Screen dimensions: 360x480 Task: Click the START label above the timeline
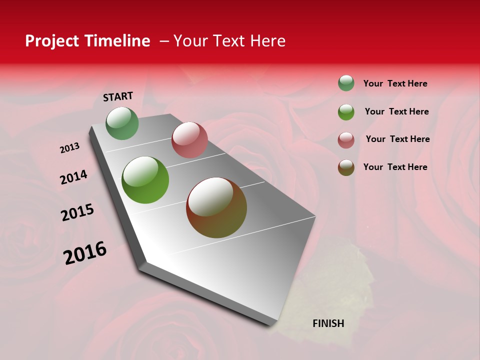(118, 96)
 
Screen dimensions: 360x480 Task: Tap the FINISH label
(328, 323)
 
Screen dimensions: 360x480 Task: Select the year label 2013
(69, 147)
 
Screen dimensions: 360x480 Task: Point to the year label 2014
(73, 177)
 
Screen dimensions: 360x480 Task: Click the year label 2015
(77, 212)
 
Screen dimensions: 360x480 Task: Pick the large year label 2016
(85, 253)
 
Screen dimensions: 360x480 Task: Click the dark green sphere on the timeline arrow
(122, 123)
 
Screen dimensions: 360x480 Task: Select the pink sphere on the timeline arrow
(189, 140)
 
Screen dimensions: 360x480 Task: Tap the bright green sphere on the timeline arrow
(145, 180)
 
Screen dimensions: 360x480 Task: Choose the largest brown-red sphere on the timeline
(216, 207)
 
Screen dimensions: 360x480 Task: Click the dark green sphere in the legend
(346, 83)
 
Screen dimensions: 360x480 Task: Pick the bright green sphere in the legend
(346, 111)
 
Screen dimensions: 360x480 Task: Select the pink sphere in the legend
(346, 139)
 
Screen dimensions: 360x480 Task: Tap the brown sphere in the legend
(346, 167)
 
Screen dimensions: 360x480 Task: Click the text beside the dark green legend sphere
(395, 83)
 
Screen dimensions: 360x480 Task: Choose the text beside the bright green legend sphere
(396, 111)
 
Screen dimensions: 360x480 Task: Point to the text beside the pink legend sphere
(397, 139)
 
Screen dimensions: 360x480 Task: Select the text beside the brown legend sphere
(395, 167)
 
